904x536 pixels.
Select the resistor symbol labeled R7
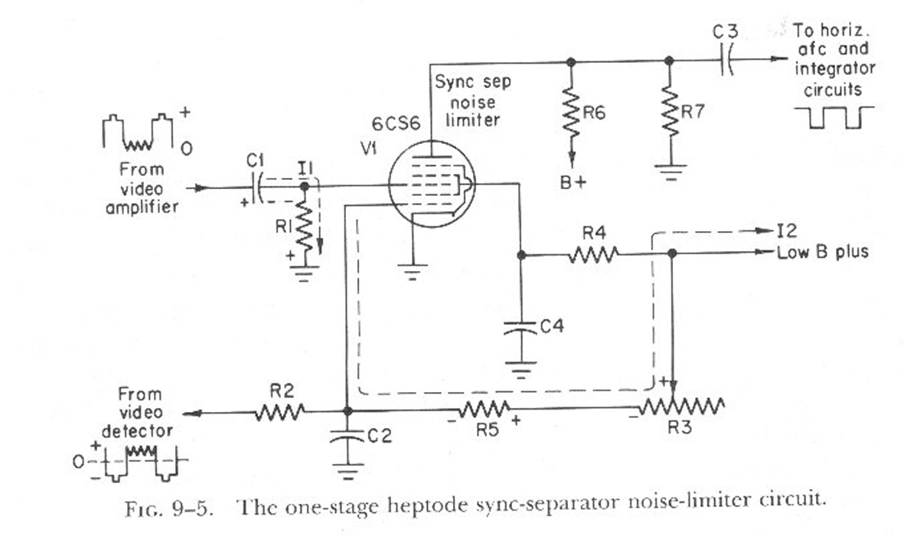669,111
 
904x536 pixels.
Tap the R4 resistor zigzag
593,254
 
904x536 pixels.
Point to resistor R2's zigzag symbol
279,412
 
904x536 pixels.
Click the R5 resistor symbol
485,409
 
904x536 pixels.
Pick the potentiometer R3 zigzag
681,407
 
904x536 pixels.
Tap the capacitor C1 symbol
258,188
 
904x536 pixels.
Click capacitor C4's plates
521,328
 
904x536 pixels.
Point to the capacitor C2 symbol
347,436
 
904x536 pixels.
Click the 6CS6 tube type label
396,124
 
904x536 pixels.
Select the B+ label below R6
573,182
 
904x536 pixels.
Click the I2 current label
787,230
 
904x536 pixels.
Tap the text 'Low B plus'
823,252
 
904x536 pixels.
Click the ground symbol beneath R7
671,172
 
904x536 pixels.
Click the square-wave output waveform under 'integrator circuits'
834,117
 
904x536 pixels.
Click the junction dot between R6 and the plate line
571,61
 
